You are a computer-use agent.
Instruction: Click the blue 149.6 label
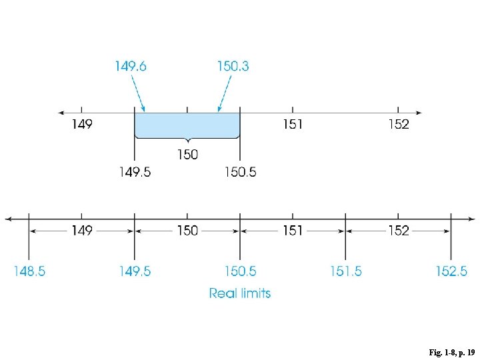pyautogui.click(x=131, y=66)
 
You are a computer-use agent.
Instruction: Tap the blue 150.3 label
pyautogui.click(x=233, y=66)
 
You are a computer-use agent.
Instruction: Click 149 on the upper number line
pyautogui.click(x=82, y=124)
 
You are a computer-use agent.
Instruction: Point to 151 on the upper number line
pyautogui.click(x=293, y=124)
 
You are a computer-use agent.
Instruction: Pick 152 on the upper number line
pyautogui.click(x=399, y=124)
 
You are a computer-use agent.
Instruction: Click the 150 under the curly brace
pyautogui.click(x=187, y=154)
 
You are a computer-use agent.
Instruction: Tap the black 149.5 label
pyautogui.click(x=135, y=172)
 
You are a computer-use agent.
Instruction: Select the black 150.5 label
pyautogui.click(x=241, y=172)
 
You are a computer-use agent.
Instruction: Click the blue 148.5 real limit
pyautogui.click(x=29, y=271)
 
